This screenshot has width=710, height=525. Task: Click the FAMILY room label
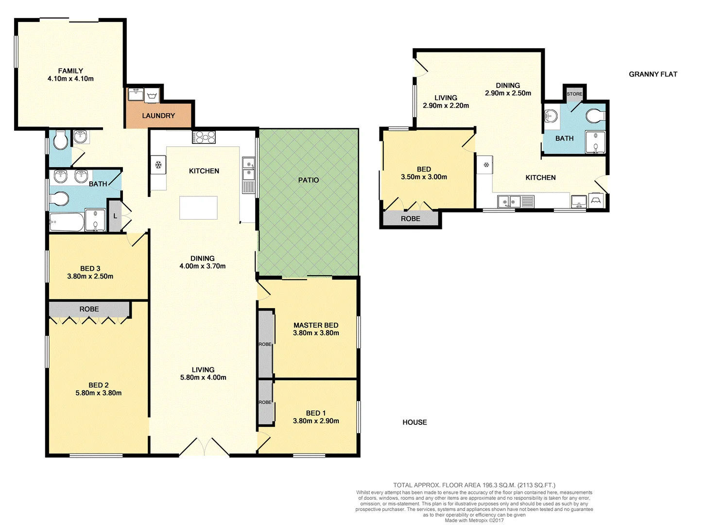pyautogui.click(x=70, y=71)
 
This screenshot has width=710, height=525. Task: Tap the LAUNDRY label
pyautogui.click(x=158, y=116)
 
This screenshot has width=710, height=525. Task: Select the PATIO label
pyautogui.click(x=309, y=180)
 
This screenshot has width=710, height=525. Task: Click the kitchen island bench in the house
pyautogui.click(x=198, y=208)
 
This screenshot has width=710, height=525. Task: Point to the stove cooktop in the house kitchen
pyautogui.click(x=204, y=138)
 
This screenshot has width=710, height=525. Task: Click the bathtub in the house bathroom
pyautogui.click(x=66, y=222)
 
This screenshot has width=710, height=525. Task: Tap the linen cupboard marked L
pyautogui.click(x=115, y=215)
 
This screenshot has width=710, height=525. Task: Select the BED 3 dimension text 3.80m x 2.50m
pyautogui.click(x=90, y=277)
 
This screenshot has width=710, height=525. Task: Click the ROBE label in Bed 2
pyautogui.click(x=89, y=309)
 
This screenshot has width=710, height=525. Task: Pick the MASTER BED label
pyautogui.click(x=316, y=325)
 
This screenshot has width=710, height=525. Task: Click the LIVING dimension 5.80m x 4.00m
pyautogui.click(x=203, y=378)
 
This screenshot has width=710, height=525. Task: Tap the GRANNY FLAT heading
pyautogui.click(x=653, y=74)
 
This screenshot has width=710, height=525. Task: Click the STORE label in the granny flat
pyautogui.click(x=574, y=94)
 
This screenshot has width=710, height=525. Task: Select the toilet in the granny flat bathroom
pyautogui.click(x=595, y=116)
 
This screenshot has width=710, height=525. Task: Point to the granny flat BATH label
pyautogui.click(x=564, y=139)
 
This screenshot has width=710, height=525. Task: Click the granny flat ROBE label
pyautogui.click(x=410, y=219)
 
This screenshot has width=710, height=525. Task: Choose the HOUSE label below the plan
pyautogui.click(x=415, y=422)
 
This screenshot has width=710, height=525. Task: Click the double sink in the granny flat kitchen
pyautogui.click(x=508, y=201)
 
